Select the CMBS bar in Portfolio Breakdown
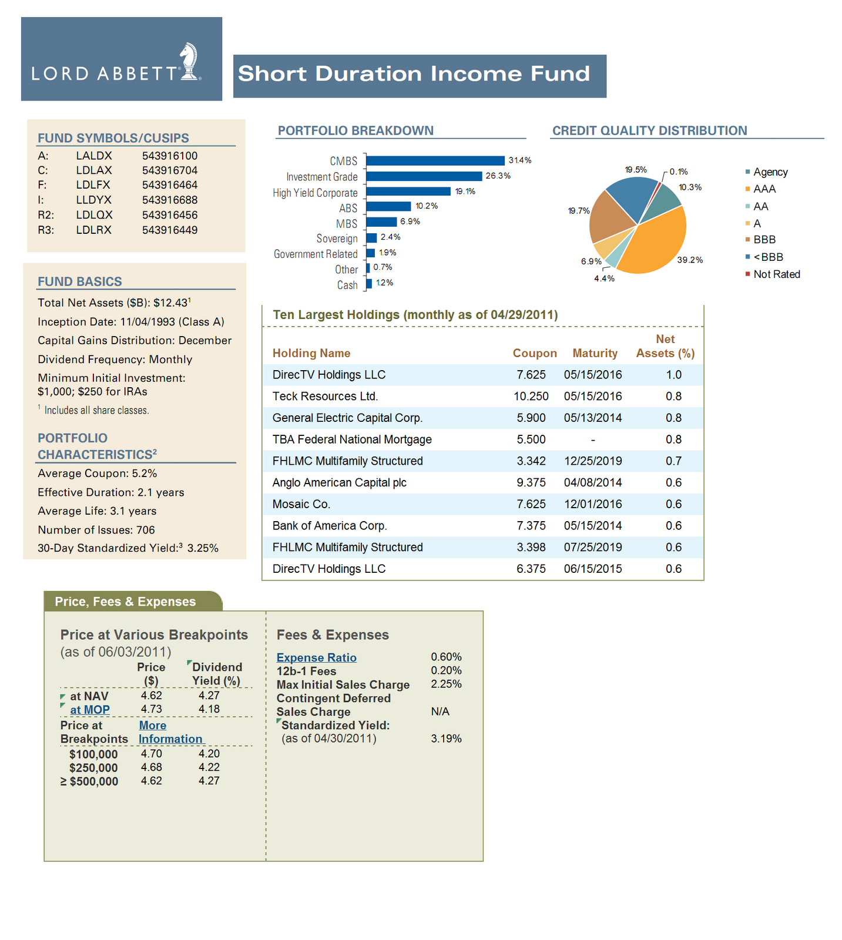435,160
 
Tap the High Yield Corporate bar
408,192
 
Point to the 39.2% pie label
690,260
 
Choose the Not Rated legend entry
773,274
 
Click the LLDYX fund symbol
93,200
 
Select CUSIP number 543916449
170,230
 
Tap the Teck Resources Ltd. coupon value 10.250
531,397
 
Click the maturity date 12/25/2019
593,461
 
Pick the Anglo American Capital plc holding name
340,483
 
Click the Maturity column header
595,353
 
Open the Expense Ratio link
317,658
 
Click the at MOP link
90,710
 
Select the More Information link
170,732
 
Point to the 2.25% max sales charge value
447,684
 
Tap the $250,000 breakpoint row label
93,768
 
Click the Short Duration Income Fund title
414,74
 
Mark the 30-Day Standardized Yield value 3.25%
203,548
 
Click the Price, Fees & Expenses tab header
125,602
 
